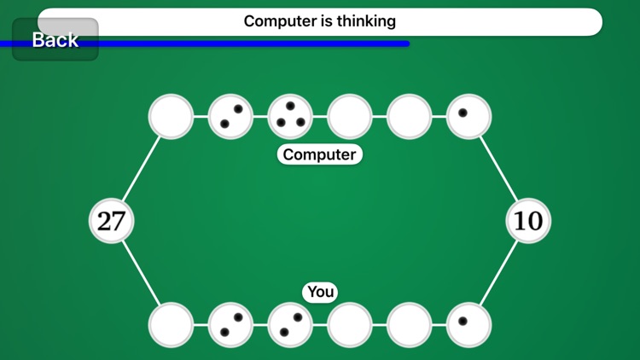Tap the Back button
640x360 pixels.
click(55, 39)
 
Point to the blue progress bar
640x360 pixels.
click(256, 44)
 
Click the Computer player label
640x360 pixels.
click(320, 154)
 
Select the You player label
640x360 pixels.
click(320, 292)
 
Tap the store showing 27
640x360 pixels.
click(111, 221)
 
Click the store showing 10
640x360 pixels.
click(528, 221)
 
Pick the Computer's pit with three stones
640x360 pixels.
click(290, 116)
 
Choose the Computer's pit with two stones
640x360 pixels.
click(230, 116)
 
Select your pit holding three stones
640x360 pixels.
click(290, 325)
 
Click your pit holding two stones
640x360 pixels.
click(230, 325)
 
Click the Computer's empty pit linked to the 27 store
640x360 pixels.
click(171, 116)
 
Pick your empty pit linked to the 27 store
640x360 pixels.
click(171, 325)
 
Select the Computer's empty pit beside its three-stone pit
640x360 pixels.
click(350, 116)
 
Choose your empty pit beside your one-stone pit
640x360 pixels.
click(410, 325)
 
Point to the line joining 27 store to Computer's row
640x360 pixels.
click(141, 168)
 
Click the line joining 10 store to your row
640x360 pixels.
click(498, 274)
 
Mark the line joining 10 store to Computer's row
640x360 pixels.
click(498, 168)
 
